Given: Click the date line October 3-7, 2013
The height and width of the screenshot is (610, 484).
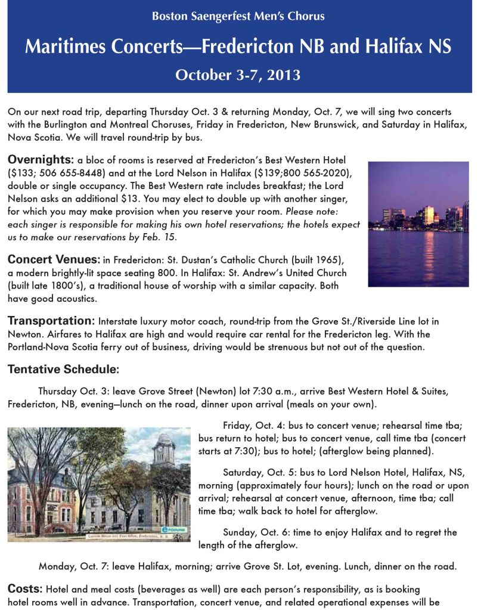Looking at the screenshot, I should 238,75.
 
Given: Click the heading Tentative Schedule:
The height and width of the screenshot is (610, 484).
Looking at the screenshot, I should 63,370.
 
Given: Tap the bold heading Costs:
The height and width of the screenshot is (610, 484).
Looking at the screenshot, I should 24,588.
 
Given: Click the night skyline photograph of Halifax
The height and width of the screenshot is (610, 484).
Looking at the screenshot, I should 418,224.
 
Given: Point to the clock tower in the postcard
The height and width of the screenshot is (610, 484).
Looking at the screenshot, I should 163,453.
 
